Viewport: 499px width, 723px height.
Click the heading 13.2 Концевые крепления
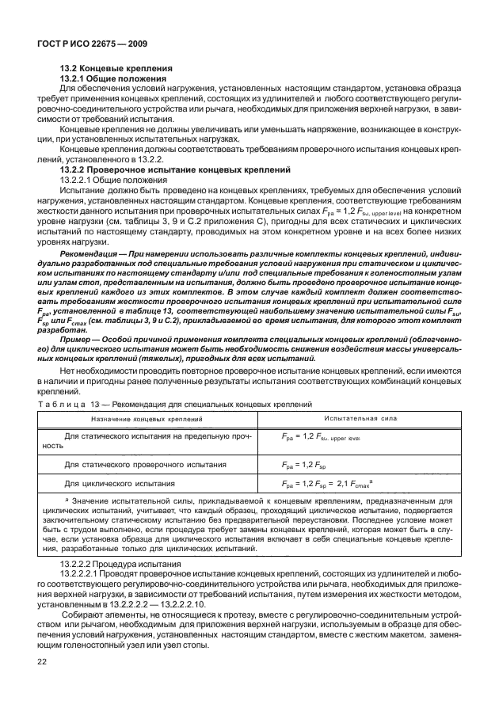109,70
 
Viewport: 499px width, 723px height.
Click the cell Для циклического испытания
120,481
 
